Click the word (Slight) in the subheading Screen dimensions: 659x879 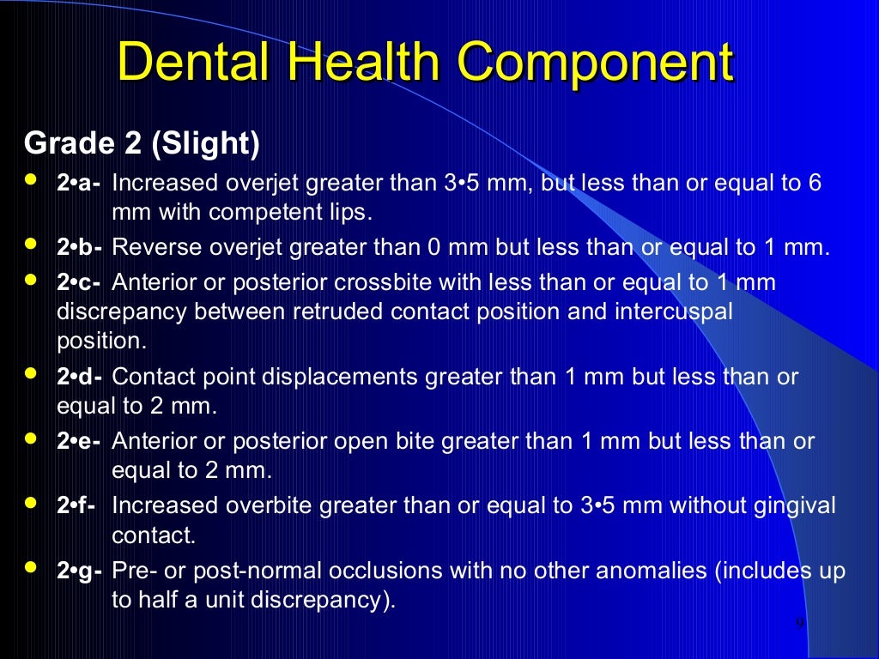coord(205,144)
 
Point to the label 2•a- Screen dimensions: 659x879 coord(80,184)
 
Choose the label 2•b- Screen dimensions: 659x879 coord(80,248)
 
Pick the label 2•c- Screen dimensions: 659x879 coord(80,282)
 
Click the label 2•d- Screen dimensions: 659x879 coord(80,377)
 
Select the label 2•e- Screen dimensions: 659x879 coord(79,441)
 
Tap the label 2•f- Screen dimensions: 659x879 coord(77,505)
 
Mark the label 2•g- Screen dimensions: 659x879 coord(80,571)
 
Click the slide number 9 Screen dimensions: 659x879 coord(800,624)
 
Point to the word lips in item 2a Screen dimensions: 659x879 coord(350,212)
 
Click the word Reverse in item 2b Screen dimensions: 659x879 coord(155,248)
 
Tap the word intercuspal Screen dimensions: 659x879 coord(674,311)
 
